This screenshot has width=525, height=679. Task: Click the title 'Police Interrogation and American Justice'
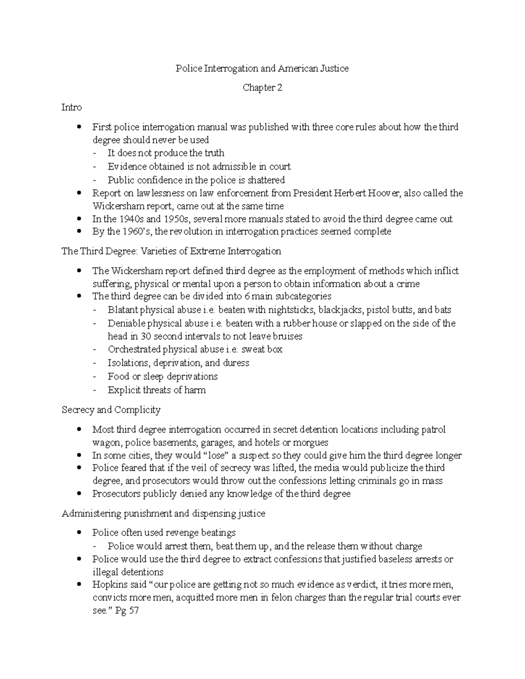tap(262, 68)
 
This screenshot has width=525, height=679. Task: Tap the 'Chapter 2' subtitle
tap(262, 88)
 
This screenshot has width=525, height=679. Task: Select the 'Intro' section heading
tap(71, 107)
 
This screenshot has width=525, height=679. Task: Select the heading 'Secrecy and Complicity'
tap(111, 410)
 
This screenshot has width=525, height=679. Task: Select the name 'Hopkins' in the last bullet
tap(108, 585)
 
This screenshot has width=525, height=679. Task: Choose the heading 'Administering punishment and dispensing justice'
tap(163, 513)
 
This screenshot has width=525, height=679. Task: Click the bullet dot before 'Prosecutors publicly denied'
tap(79, 494)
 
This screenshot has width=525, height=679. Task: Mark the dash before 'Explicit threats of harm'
tap(96, 390)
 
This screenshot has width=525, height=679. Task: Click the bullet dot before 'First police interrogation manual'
tap(79, 127)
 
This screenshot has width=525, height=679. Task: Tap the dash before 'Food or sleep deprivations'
tap(96, 376)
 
